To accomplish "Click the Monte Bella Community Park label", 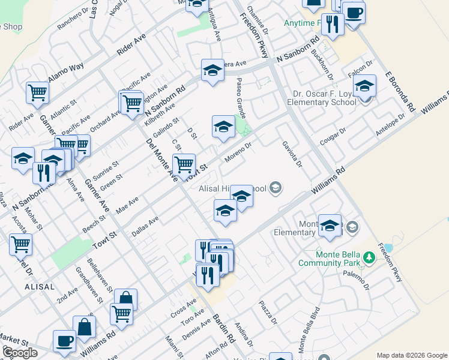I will point(328,258).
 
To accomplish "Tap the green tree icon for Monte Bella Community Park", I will point(369,258).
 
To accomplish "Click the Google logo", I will point(19,353).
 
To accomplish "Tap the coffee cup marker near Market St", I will point(64,341).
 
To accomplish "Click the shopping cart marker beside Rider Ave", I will point(37,93).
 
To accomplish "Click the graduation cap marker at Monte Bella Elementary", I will point(330,226).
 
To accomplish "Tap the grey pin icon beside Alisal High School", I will point(276,189).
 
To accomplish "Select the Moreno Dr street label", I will point(237,152).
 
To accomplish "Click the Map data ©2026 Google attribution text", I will point(412,355).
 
